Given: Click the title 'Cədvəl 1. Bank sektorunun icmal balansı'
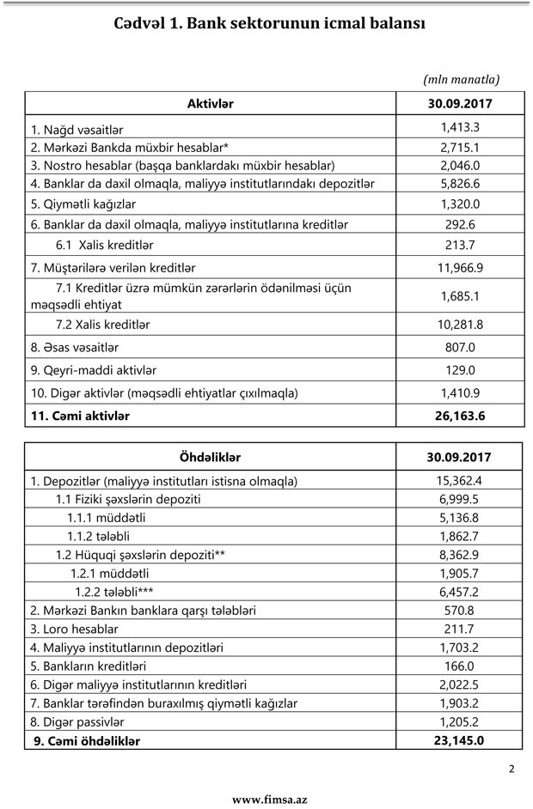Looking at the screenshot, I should [269, 24].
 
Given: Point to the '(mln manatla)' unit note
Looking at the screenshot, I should [461, 79].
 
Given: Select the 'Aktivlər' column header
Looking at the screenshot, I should [210, 104].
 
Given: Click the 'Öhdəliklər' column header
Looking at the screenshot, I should [209, 457].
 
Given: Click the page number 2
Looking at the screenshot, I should [511, 769].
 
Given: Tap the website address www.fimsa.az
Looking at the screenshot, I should [269, 799].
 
